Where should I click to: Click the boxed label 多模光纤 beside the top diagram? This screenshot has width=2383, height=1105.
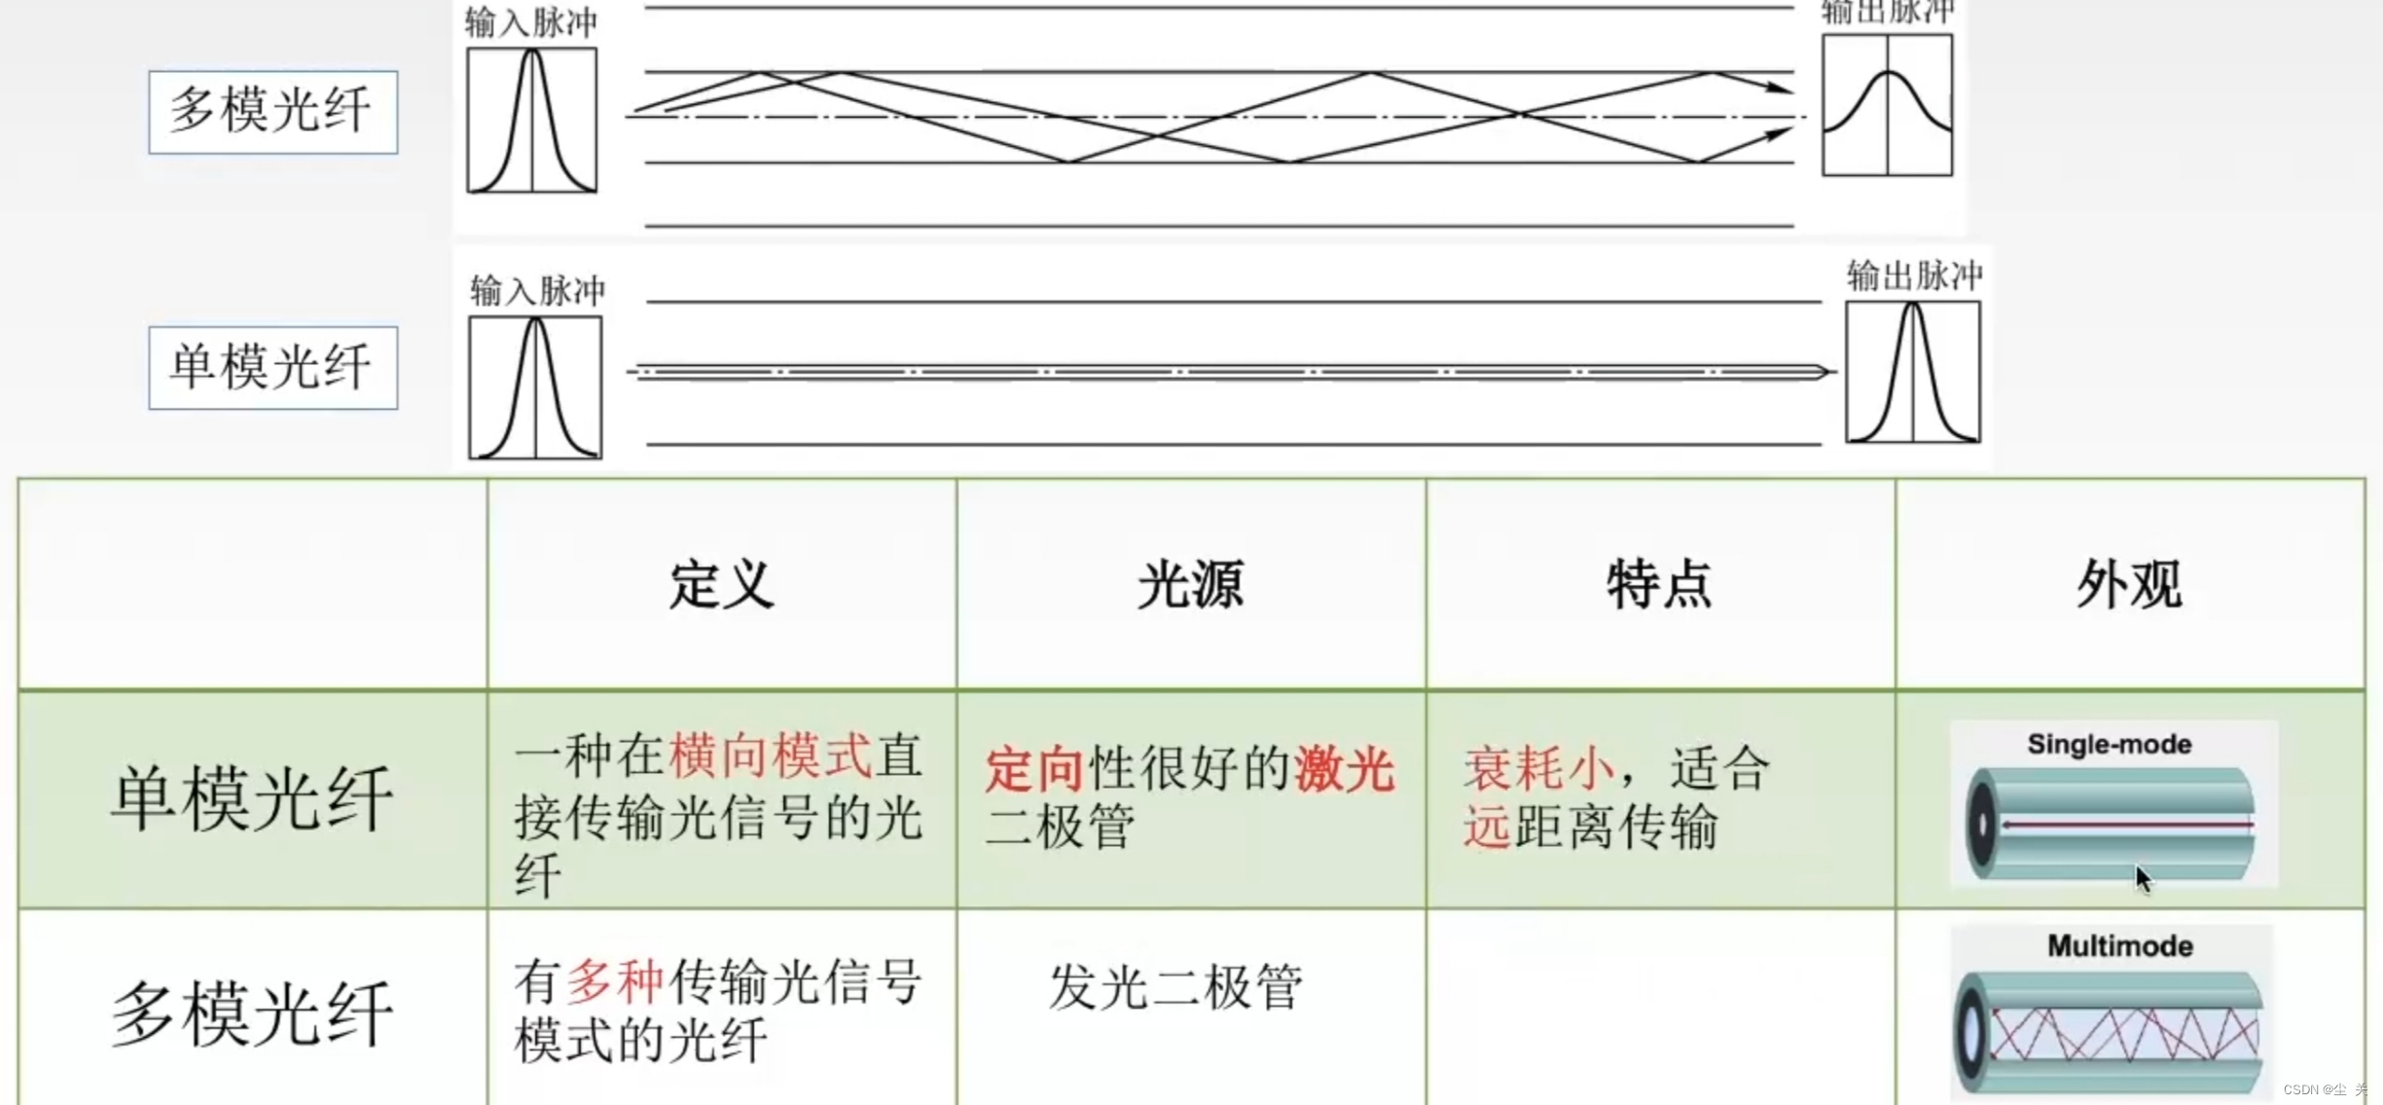(272, 111)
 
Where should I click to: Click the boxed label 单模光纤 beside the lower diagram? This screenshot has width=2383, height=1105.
(272, 367)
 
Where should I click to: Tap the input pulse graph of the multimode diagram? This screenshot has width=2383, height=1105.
(531, 120)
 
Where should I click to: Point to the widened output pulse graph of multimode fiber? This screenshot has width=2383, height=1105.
(1887, 105)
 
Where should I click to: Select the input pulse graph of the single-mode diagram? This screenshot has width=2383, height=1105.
(534, 387)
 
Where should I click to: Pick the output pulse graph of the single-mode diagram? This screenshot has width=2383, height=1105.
(1912, 372)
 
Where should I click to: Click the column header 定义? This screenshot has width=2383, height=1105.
(721, 584)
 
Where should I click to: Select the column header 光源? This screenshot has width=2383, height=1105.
(1190, 584)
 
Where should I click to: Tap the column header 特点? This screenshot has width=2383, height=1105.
(1659, 584)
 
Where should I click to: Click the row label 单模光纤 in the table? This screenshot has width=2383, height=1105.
(252, 798)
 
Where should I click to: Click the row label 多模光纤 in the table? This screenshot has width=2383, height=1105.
(252, 1013)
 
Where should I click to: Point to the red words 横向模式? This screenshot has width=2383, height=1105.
(770, 756)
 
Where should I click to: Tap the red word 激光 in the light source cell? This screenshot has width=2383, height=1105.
(1345, 769)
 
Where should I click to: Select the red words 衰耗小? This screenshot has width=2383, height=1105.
(1538, 769)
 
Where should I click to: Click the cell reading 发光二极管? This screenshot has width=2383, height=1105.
(1175, 986)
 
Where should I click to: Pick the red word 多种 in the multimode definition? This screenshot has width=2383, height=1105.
(615, 981)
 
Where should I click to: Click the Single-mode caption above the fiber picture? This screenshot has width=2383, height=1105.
(2109, 745)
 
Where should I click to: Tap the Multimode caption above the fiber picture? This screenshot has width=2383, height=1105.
(2119, 945)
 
